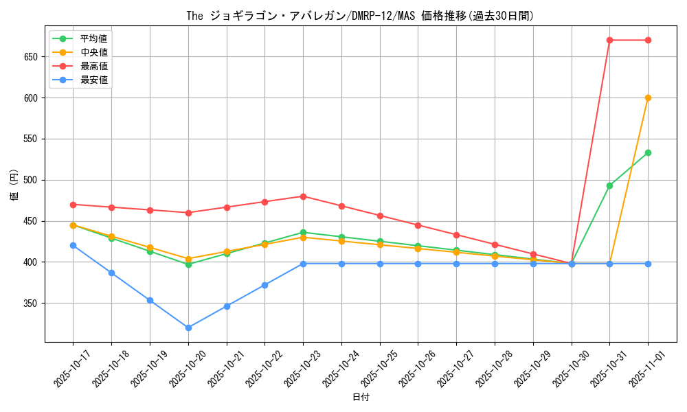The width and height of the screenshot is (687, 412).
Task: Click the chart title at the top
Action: [360, 15]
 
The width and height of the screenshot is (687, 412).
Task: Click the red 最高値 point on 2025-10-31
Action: [609, 40]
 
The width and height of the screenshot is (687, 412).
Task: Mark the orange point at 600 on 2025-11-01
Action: [648, 98]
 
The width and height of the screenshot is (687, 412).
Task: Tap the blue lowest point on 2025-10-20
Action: [188, 328]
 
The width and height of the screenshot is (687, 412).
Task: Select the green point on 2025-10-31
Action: [609, 185]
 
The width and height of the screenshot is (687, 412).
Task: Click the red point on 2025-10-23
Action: [303, 196]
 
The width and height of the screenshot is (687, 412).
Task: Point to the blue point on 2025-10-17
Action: [73, 245]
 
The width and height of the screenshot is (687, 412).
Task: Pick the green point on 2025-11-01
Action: [648, 152]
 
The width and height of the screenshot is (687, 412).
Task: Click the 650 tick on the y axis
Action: [31, 56]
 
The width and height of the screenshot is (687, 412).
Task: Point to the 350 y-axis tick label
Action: [31, 304]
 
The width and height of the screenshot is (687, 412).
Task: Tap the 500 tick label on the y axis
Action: [31, 180]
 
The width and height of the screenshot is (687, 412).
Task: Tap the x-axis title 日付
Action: [360, 398]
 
